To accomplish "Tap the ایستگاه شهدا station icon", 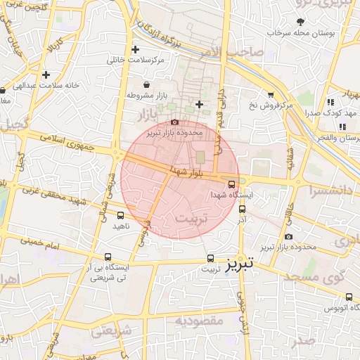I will click(x=232, y=184).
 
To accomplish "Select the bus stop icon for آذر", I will click(x=243, y=208).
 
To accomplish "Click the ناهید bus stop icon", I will click(x=120, y=216).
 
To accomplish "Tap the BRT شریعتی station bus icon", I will click(x=108, y=257).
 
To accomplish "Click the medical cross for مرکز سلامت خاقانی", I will click(x=136, y=50).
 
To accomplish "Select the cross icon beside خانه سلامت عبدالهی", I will click(x=46, y=75).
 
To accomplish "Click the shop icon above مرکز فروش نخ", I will click(x=271, y=94).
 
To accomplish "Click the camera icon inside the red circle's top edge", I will click(x=175, y=122).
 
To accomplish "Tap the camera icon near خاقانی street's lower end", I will click(x=289, y=237).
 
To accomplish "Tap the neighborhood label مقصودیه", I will click(x=199, y=321).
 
